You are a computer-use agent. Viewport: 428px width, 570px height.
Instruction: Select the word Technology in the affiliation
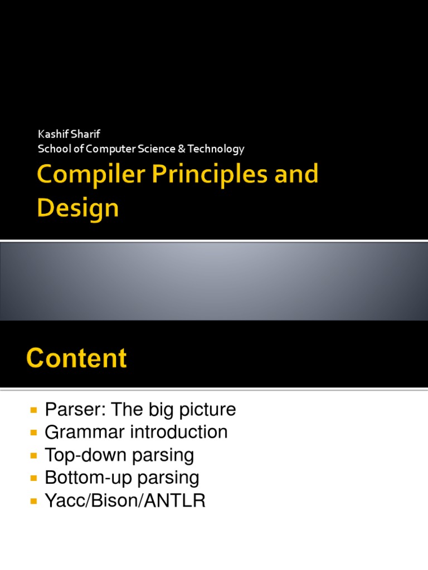click(x=216, y=149)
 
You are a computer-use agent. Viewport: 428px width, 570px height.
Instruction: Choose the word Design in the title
click(x=78, y=208)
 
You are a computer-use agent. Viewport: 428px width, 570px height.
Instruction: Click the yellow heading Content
click(x=77, y=358)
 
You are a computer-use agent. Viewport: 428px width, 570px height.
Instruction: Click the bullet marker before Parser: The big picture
click(x=33, y=410)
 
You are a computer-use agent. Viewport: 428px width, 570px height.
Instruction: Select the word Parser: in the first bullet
click(x=69, y=410)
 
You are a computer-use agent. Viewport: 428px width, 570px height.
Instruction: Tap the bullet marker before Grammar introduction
click(x=33, y=433)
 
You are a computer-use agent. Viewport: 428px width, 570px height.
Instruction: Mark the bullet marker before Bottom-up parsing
click(x=33, y=478)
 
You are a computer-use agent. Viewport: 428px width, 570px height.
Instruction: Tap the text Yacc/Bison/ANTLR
click(x=125, y=501)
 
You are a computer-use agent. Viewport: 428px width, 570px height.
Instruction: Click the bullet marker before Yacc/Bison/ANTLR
click(x=33, y=501)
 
